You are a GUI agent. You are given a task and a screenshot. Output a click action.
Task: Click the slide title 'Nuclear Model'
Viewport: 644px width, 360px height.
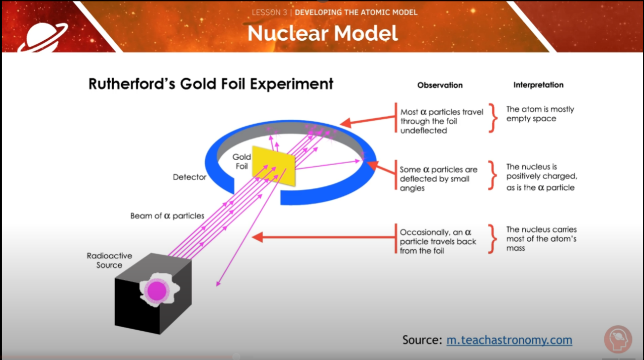323,33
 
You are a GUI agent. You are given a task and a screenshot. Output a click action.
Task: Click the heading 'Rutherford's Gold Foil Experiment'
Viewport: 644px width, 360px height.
211,84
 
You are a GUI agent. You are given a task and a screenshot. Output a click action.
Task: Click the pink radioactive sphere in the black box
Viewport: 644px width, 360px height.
156,291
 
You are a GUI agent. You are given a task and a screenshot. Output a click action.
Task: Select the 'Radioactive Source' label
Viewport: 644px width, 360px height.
109,260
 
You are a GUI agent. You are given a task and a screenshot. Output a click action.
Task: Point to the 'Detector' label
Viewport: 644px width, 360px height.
189,177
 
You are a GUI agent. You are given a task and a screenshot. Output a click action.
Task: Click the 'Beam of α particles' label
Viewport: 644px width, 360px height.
167,215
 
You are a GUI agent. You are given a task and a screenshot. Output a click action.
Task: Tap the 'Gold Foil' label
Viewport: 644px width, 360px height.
242,162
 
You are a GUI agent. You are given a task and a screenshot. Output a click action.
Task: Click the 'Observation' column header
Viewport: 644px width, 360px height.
440,85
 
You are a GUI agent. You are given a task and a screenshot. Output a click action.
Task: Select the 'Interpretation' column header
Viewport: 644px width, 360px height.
538,85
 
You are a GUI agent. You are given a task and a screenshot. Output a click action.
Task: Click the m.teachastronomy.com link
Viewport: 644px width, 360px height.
509,340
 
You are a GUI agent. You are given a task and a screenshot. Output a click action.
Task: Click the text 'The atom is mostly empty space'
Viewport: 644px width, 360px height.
539,114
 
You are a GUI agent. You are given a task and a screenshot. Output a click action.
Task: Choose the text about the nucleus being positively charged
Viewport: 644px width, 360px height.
541,177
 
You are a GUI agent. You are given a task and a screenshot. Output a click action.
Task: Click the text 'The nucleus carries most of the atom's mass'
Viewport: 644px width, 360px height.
541,239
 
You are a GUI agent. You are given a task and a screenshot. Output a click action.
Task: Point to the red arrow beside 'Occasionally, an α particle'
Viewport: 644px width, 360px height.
322,237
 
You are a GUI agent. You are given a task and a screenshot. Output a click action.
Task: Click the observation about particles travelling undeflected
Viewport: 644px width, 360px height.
441,121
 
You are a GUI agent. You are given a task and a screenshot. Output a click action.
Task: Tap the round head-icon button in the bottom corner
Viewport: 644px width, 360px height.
618,340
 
